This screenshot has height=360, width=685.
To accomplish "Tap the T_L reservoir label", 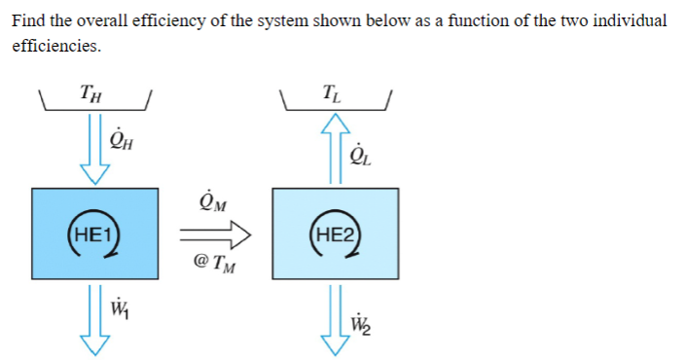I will coord(336,94).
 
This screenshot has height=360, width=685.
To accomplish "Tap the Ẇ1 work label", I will coord(121,313).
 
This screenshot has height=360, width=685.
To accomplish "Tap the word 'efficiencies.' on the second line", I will coord(55,46).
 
